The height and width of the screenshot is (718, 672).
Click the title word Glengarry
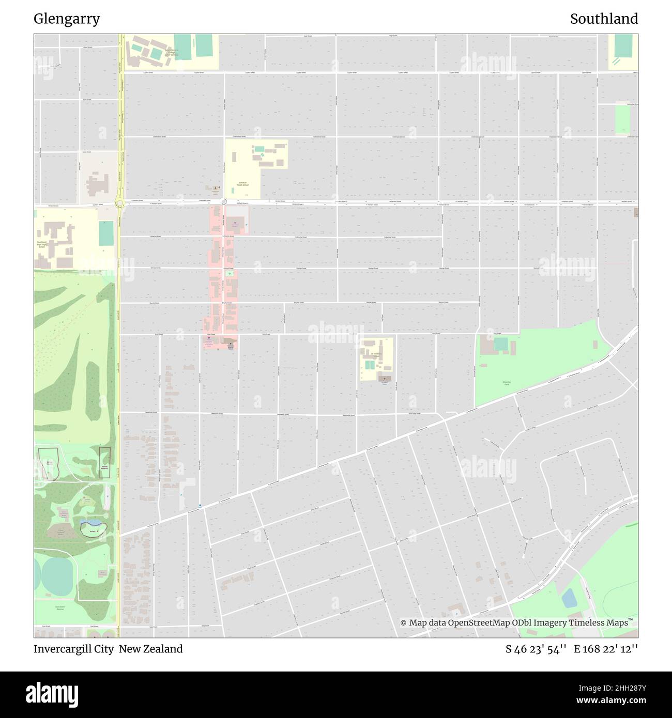click(x=67, y=19)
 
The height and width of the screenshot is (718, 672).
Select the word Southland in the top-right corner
click(x=604, y=19)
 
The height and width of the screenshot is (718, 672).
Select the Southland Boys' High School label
click(x=42, y=244)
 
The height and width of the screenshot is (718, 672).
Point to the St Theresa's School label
click(x=376, y=355)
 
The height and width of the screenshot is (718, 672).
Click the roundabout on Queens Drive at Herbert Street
click(x=120, y=204)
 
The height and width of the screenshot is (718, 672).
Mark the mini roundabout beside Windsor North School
click(x=224, y=202)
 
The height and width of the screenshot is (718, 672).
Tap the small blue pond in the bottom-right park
click(x=569, y=598)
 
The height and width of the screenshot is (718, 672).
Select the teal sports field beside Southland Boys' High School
click(x=106, y=233)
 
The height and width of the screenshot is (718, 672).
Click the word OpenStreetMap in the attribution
click(x=479, y=623)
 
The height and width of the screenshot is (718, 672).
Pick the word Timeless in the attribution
click(x=582, y=623)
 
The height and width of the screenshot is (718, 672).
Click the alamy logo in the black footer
click(x=53, y=694)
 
